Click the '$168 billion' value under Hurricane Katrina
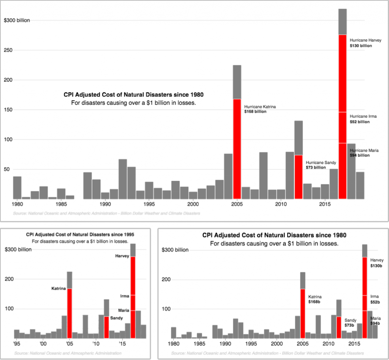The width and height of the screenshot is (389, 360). pos(256,112)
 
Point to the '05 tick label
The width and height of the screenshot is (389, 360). pos(69,344)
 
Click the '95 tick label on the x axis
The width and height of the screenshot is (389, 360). pos(16,344)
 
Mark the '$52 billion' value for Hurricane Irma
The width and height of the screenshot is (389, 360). pos(360,122)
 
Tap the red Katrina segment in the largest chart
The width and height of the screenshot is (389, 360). pos(237,148)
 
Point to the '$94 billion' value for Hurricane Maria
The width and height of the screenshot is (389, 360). pos(359,155)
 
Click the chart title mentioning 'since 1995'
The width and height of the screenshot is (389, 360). pos(80,235)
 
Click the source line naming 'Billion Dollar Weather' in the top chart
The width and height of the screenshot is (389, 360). pos(106,214)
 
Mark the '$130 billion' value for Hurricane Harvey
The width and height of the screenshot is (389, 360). pos(361,46)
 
